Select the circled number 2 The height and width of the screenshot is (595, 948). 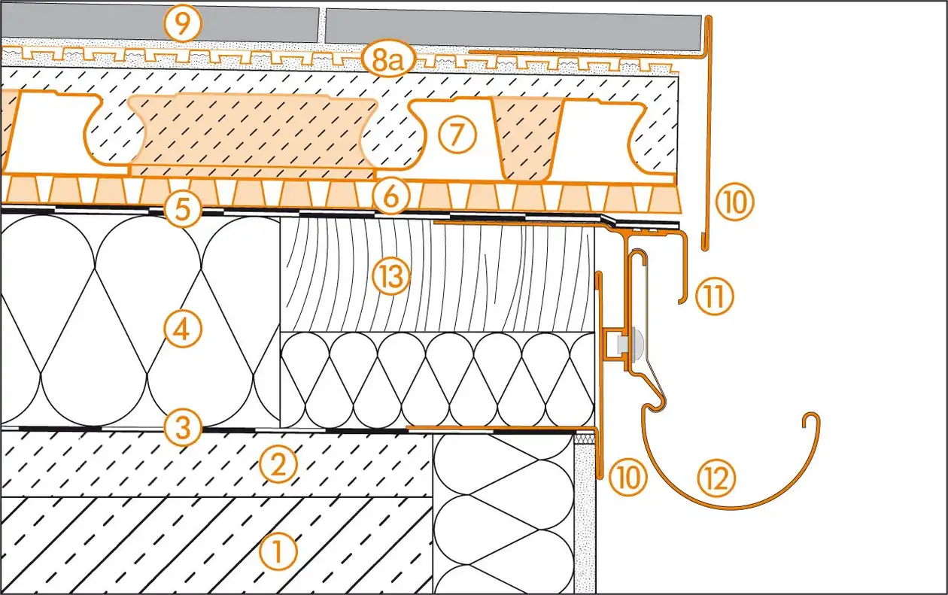click(276, 466)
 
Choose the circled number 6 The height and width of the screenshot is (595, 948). click(390, 198)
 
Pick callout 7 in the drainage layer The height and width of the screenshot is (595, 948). click(458, 135)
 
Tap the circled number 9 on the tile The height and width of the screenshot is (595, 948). click(184, 24)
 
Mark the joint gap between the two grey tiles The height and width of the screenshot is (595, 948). click(321, 25)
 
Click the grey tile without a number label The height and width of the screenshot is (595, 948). click(512, 27)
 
